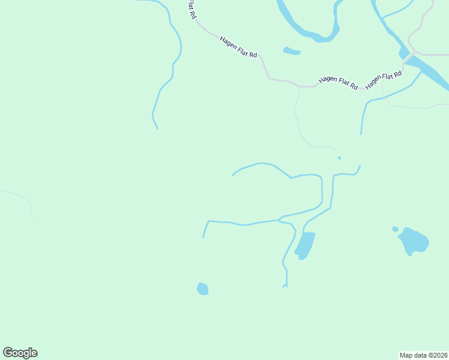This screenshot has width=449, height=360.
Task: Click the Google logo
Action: coord(20,353)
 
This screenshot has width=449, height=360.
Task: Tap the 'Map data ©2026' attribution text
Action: coord(423,355)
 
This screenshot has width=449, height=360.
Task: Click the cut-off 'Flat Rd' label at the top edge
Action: coord(191,10)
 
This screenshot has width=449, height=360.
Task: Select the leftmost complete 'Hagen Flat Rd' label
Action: coord(238,47)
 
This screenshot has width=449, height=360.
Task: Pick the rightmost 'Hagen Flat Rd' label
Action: coord(384,80)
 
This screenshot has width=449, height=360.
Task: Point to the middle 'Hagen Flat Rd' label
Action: coord(338,83)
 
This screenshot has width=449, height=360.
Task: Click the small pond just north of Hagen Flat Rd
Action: coord(291,51)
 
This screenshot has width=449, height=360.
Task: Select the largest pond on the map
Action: coord(414,241)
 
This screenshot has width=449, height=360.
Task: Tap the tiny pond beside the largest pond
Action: coord(395,229)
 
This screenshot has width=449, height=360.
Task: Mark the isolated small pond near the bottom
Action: coord(203,289)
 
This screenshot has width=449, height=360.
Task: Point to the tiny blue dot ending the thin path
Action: coord(339,158)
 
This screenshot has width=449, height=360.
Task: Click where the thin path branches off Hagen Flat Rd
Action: coord(299,87)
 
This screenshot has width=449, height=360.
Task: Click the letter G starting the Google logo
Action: coord(8,353)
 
